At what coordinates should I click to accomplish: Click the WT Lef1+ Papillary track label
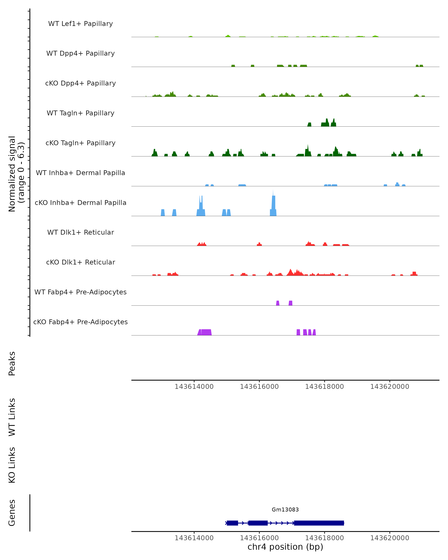pyautogui.click(x=80, y=24)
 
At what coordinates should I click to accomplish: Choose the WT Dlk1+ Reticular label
pyautogui.click(x=80, y=232)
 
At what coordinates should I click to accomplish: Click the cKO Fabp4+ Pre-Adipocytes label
pyautogui.click(x=80, y=322)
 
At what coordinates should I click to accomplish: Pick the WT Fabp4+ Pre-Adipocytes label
pyautogui.click(x=80, y=292)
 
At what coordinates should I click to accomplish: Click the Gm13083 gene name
pyautogui.click(x=285, y=509)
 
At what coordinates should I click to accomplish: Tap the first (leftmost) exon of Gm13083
pyautogui.click(x=232, y=523)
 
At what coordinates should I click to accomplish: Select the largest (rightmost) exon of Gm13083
pyautogui.click(x=319, y=523)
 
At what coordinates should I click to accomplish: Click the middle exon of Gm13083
pyautogui.click(x=258, y=523)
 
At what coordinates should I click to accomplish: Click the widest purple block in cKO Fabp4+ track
pyautogui.click(x=206, y=332)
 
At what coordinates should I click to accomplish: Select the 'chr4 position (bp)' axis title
pyautogui.click(x=285, y=547)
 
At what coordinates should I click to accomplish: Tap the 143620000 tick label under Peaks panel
pyautogui.click(x=390, y=387)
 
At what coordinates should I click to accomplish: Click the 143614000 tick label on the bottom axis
pyautogui.click(x=194, y=538)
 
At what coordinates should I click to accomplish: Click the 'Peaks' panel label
pyautogui.click(x=12, y=363)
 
